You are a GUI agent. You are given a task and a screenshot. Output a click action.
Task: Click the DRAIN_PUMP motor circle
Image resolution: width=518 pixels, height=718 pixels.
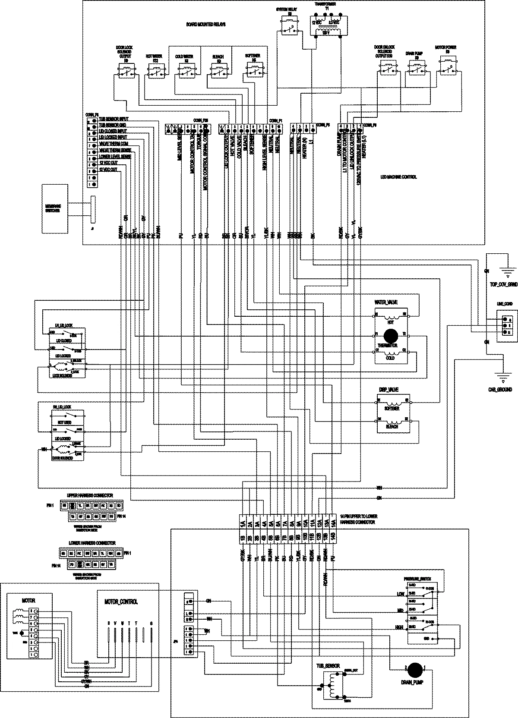(415, 668)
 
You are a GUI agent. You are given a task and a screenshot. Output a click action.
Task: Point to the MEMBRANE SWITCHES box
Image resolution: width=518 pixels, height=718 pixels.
(55, 209)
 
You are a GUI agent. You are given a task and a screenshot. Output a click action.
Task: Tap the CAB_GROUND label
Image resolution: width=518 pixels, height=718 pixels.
(499, 389)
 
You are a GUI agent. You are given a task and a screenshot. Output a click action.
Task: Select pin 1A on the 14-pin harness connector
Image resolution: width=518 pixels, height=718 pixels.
(243, 523)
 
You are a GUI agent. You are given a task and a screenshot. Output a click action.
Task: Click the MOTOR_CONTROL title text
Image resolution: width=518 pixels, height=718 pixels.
(121, 601)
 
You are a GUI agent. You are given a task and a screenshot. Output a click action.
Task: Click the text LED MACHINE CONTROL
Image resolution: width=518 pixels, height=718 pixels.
(398, 177)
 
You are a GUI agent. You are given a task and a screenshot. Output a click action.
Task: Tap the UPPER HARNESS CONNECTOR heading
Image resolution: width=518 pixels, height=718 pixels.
(90, 495)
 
